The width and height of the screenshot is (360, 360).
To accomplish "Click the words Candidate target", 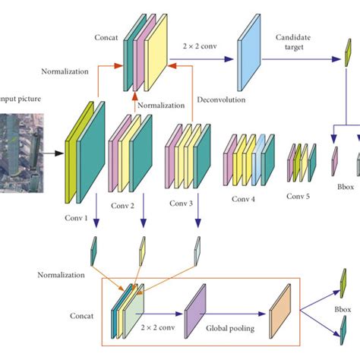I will (x=294, y=43).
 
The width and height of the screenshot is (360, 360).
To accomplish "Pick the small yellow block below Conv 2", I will (x=142, y=250).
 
